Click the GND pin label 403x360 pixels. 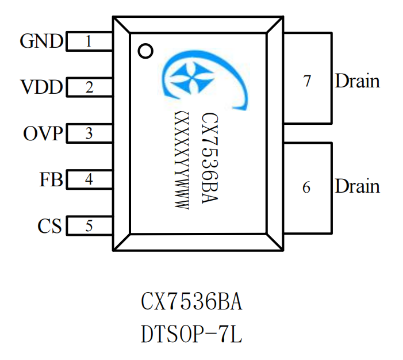[42, 41]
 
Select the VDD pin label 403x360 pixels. [42, 88]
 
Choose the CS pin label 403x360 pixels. [50, 226]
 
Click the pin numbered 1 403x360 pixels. [89, 41]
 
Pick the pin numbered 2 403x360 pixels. [89, 88]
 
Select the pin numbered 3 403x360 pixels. [89, 134]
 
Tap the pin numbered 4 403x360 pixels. [89, 179]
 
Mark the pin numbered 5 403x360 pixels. [89, 226]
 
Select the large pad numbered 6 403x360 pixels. [308, 187]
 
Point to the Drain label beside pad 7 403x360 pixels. [358, 81]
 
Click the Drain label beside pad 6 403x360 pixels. [358, 186]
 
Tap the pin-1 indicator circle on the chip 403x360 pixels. [146, 51]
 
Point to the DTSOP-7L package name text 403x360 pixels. [192, 334]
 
